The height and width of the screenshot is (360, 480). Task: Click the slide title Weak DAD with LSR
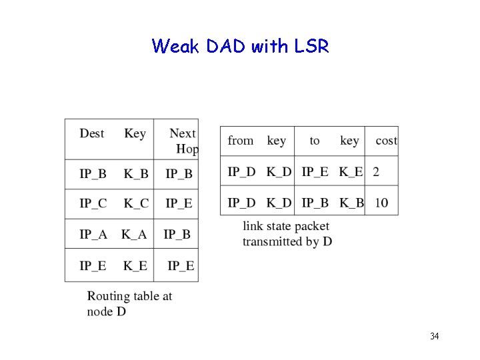coord(240,46)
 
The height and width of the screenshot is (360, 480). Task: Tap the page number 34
coord(434,336)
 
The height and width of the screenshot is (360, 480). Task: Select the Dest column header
coord(92,133)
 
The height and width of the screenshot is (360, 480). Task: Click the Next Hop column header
coord(183,141)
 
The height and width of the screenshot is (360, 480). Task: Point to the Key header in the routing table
coord(135,133)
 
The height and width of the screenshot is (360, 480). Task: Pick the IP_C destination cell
coord(93,203)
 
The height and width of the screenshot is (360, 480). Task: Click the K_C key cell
coord(136,203)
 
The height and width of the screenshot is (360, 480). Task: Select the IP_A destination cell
coord(93,234)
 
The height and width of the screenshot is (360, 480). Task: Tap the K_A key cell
coord(134,234)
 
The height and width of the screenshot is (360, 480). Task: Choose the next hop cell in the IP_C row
coord(179,203)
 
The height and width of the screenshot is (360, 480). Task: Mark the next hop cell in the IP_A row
coord(177,234)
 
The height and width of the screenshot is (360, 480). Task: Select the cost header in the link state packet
coord(386,141)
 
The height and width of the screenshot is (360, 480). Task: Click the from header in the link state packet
coord(241,141)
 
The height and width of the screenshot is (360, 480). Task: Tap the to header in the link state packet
coord(315,141)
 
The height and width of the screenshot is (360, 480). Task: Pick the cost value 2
coord(376,172)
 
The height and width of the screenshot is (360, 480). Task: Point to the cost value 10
coord(381,202)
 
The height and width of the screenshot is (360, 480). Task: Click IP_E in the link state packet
coord(315,172)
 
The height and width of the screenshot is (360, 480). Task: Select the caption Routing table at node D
coord(129,303)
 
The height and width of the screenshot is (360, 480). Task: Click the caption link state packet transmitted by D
coord(287,234)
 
